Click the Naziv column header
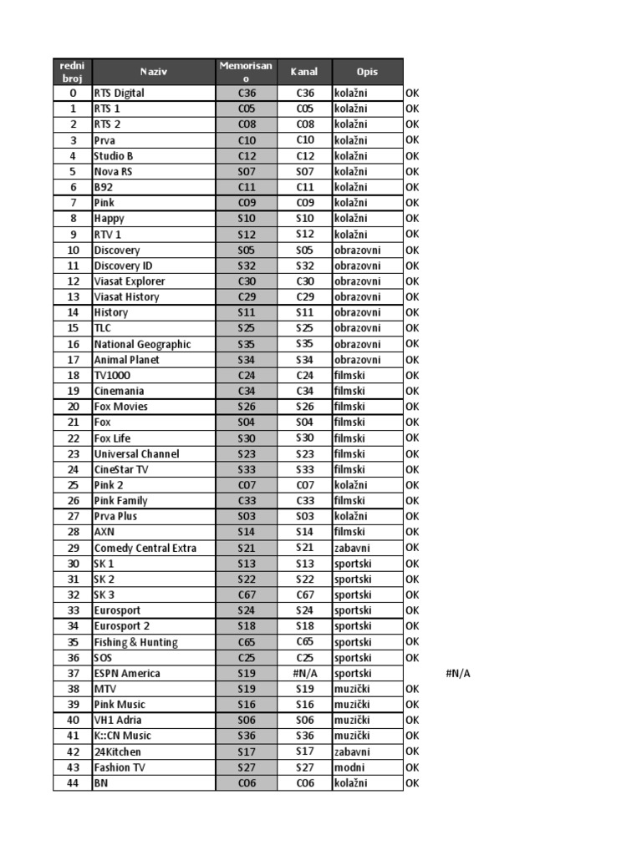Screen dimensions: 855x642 (x=154, y=72)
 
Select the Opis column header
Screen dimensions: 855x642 (x=367, y=72)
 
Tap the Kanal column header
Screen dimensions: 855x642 (x=304, y=72)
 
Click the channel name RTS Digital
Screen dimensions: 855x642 (x=119, y=93)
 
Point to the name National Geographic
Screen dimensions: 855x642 (x=142, y=344)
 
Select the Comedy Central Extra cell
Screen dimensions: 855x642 (x=145, y=548)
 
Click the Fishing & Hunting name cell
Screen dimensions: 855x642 (x=135, y=642)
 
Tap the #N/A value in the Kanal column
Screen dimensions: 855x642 (x=304, y=673)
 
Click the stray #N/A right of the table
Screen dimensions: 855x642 (x=459, y=673)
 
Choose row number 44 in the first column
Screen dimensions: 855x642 (x=73, y=782)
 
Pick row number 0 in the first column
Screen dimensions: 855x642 (x=73, y=93)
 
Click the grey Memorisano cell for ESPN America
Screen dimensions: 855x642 (x=246, y=673)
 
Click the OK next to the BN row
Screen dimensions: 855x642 (x=412, y=782)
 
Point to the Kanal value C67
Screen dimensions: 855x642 (x=304, y=594)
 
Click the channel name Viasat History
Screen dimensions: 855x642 (x=126, y=296)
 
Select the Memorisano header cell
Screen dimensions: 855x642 (x=246, y=72)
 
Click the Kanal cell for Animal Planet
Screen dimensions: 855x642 (x=304, y=359)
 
